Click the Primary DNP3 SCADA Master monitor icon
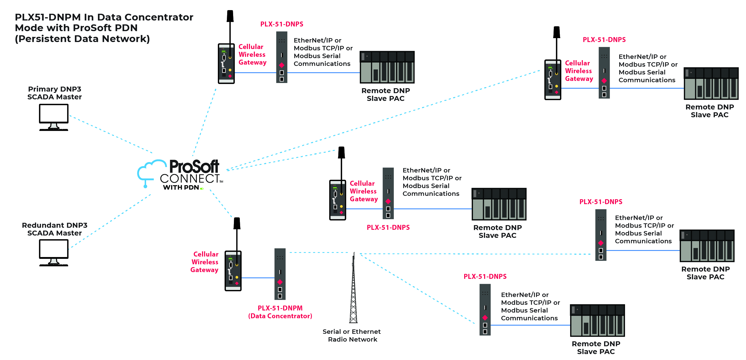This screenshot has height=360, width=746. click(54, 116)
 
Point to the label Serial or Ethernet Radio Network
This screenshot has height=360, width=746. click(352, 335)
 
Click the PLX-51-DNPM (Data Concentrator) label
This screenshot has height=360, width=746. click(280, 312)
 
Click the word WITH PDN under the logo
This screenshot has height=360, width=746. click(181, 188)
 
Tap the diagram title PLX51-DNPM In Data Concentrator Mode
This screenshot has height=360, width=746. click(104, 28)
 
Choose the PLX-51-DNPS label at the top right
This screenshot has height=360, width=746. click(604, 40)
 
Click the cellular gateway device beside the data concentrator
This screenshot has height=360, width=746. click(233, 271)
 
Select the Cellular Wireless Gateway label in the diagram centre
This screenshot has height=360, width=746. click(363, 191)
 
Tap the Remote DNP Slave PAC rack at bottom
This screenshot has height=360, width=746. click(597, 320)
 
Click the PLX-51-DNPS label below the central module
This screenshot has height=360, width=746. click(388, 227)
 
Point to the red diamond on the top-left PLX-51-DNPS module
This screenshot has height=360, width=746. click(282, 65)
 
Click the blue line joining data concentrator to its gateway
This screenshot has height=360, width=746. click(258, 278)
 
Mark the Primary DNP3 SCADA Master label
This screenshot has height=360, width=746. click(54, 93)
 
